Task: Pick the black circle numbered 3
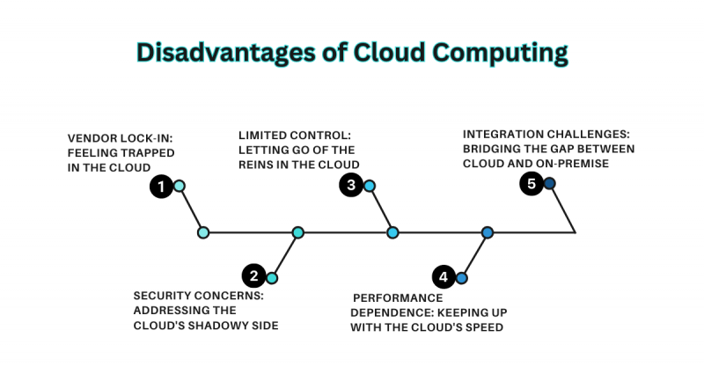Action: pos(350,185)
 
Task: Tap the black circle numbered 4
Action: pos(443,277)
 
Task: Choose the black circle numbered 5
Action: pos(532,184)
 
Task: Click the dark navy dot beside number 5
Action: pos(549,183)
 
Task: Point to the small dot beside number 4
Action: pos(461,278)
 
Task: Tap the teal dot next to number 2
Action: pos(272,278)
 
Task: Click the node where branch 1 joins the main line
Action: pos(203,232)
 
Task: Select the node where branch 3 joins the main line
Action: pos(392,232)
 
